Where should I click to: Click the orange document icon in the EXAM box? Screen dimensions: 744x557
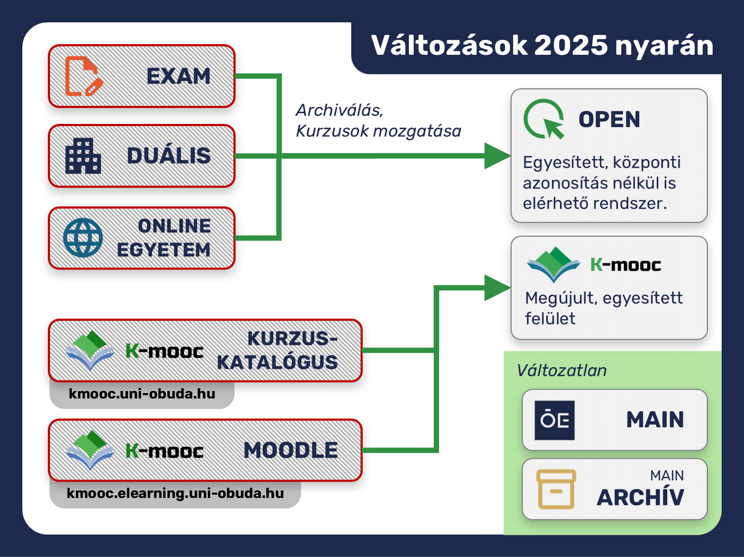(x=83, y=76)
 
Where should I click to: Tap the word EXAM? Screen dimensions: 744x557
(x=179, y=76)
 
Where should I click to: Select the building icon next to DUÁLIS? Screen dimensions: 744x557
(x=83, y=155)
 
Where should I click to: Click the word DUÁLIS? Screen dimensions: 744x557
(x=169, y=156)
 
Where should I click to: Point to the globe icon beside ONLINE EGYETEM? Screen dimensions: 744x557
(x=83, y=238)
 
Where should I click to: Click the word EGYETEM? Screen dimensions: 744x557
(x=164, y=250)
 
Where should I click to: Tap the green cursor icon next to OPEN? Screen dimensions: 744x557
(x=544, y=119)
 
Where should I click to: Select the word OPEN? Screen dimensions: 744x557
(x=609, y=120)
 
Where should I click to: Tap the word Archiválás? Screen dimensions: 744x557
(x=340, y=110)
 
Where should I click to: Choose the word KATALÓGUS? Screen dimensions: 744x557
(x=277, y=362)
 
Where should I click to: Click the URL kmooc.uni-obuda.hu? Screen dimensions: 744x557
(x=142, y=394)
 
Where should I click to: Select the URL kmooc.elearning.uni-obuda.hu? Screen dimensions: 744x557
(x=175, y=493)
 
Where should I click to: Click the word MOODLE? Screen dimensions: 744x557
(x=291, y=451)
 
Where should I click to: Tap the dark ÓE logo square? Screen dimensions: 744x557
(x=555, y=420)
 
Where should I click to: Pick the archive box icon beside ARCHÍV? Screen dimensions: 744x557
(x=556, y=489)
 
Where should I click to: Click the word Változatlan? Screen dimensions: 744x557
(x=561, y=370)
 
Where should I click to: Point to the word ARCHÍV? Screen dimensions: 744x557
(x=640, y=497)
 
